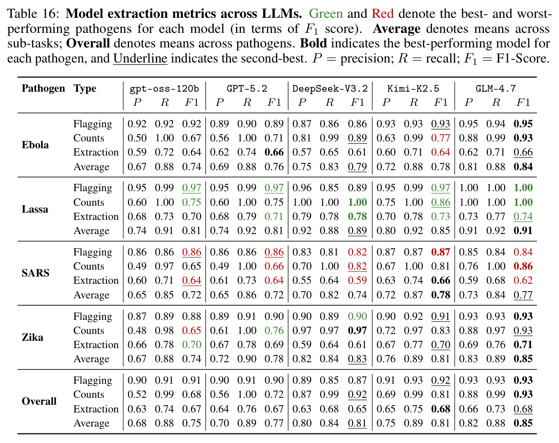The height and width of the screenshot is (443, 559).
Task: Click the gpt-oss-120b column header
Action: pyautogui.click(x=164, y=89)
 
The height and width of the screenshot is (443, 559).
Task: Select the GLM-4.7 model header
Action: pyautogui.click(x=496, y=89)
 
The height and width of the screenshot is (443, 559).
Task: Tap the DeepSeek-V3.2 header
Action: pyautogui.click(x=330, y=89)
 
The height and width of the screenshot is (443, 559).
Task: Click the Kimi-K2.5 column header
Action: pyautogui.click(x=413, y=89)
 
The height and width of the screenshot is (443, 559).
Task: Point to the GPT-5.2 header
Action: pyautogui.click(x=247, y=89)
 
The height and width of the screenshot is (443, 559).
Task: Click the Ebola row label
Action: pyautogui.click(x=35, y=145)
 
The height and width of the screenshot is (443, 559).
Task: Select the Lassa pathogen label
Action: pyautogui.click(x=35, y=209)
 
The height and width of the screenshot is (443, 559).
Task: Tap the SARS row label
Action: pyautogui.click(x=35, y=273)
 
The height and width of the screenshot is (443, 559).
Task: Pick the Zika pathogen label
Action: pyautogui.click(x=32, y=337)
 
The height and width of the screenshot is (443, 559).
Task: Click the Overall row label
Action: pyautogui.click(x=39, y=401)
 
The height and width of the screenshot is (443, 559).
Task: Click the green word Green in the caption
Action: pyautogui.click(x=326, y=14)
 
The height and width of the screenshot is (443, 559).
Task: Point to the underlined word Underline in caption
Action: pyautogui.click(x=140, y=58)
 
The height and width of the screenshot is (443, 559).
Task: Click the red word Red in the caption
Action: pyautogui.click(x=383, y=14)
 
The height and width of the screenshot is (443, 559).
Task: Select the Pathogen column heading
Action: pyautogui.click(x=43, y=89)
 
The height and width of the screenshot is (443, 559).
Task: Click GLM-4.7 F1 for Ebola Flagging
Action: pyautogui.click(x=523, y=124)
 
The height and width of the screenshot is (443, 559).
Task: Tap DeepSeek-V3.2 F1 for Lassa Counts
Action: pyautogui.click(x=358, y=202)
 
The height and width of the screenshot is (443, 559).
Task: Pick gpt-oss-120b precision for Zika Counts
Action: pyautogui.click(x=137, y=330)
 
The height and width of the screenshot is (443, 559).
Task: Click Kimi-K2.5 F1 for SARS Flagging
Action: pyautogui.click(x=441, y=252)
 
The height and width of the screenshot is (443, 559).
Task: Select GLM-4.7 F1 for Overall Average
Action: pyautogui.click(x=523, y=423)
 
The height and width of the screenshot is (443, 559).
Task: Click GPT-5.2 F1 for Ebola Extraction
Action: pyautogui.click(x=274, y=152)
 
